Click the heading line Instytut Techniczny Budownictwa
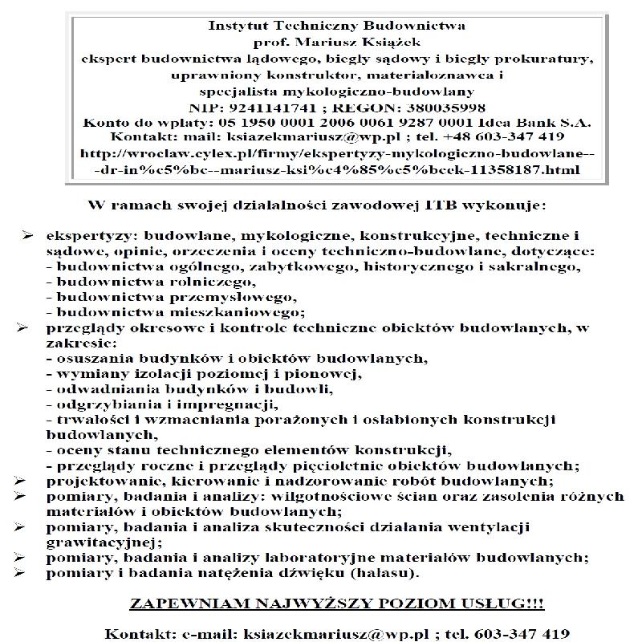coord(336,25)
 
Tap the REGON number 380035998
coord(436,108)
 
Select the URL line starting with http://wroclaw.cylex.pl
coord(336,155)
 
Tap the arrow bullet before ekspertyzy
coord(28,236)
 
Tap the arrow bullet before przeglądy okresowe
coord(28,327)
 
